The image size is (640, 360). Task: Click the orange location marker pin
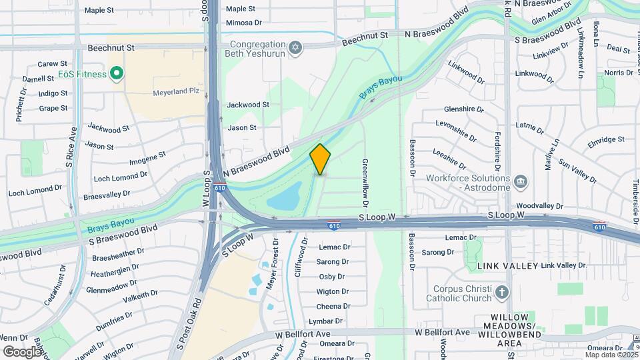coord(321,159)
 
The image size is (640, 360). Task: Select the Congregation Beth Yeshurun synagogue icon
coord(295,47)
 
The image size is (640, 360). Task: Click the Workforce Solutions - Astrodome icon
coord(521,179)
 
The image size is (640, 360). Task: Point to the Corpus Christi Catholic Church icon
coord(501,292)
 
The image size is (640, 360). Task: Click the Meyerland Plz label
coord(157,90)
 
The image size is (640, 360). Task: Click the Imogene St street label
coord(147,158)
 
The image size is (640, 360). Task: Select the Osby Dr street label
coord(331,277)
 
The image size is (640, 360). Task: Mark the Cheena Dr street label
coord(329,306)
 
